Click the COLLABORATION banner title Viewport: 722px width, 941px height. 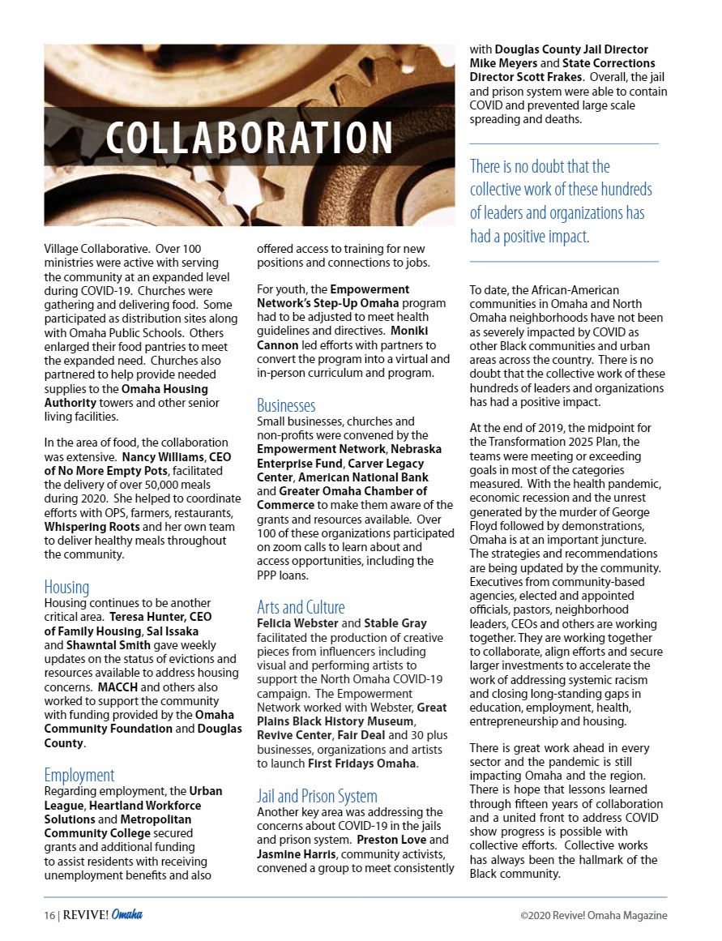point(250,139)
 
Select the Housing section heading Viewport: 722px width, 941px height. point(66,587)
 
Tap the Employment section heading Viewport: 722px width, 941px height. point(79,775)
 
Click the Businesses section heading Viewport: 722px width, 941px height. point(286,405)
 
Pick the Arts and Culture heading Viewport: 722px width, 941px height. point(301,607)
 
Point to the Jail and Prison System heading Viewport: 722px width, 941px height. point(317,796)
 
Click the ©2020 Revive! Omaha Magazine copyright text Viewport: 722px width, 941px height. point(594,915)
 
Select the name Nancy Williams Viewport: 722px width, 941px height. point(159,457)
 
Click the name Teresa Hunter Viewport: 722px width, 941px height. point(143,616)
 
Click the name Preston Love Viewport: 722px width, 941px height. point(391,840)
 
